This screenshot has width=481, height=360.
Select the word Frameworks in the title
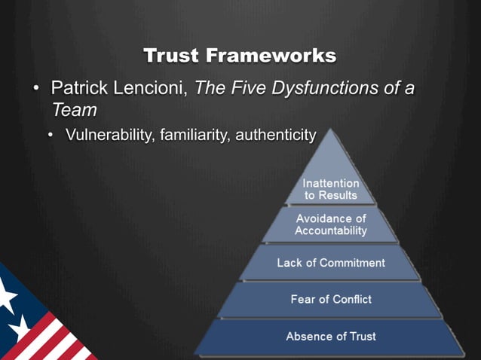(x=271, y=56)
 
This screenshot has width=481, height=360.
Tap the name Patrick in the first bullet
(x=78, y=88)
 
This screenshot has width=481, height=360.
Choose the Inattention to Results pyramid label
(x=331, y=189)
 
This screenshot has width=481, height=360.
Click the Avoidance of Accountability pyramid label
(x=331, y=224)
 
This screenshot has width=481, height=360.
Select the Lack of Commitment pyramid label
(x=331, y=263)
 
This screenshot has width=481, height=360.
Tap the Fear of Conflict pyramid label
(x=331, y=300)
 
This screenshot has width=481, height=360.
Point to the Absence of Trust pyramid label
(x=331, y=336)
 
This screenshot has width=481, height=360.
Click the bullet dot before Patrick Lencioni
(x=35, y=89)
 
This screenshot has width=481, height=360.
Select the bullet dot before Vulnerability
(x=51, y=136)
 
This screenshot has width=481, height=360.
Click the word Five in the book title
(x=242, y=88)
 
